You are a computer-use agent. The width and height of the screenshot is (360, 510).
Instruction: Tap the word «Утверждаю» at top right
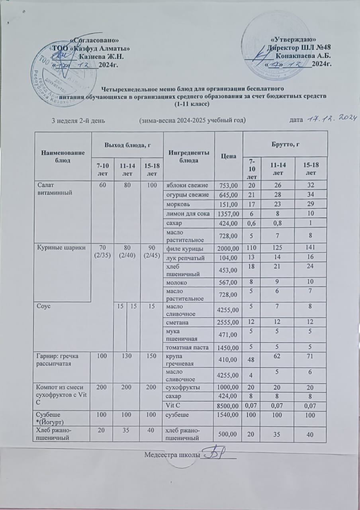[x=293, y=39]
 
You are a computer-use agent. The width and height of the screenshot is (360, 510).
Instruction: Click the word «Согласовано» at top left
[x=94, y=40]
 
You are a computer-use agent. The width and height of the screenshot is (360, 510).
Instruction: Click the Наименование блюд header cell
[x=63, y=157]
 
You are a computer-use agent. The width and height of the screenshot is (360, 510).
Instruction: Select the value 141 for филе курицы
[x=310, y=248]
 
